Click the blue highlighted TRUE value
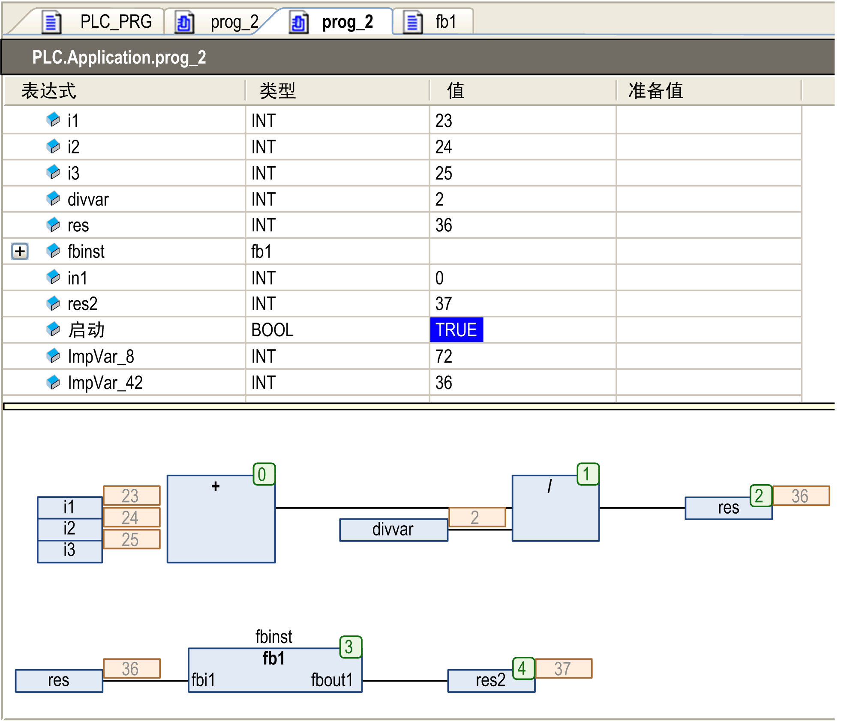click(456, 330)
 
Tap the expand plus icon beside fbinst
click(20, 251)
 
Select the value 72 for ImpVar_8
click(444, 356)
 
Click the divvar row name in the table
click(88, 200)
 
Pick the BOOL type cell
click(272, 330)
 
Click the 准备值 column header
click(655, 91)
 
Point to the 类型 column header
click(277, 91)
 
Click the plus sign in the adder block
click(216, 486)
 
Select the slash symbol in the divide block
click(550, 486)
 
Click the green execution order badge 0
click(263, 474)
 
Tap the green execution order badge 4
click(523, 668)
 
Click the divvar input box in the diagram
click(393, 530)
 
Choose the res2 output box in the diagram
click(490, 680)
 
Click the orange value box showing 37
click(563, 668)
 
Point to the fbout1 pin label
click(332, 680)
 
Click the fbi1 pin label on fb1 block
click(203, 680)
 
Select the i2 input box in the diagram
click(69, 529)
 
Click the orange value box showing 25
click(131, 539)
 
